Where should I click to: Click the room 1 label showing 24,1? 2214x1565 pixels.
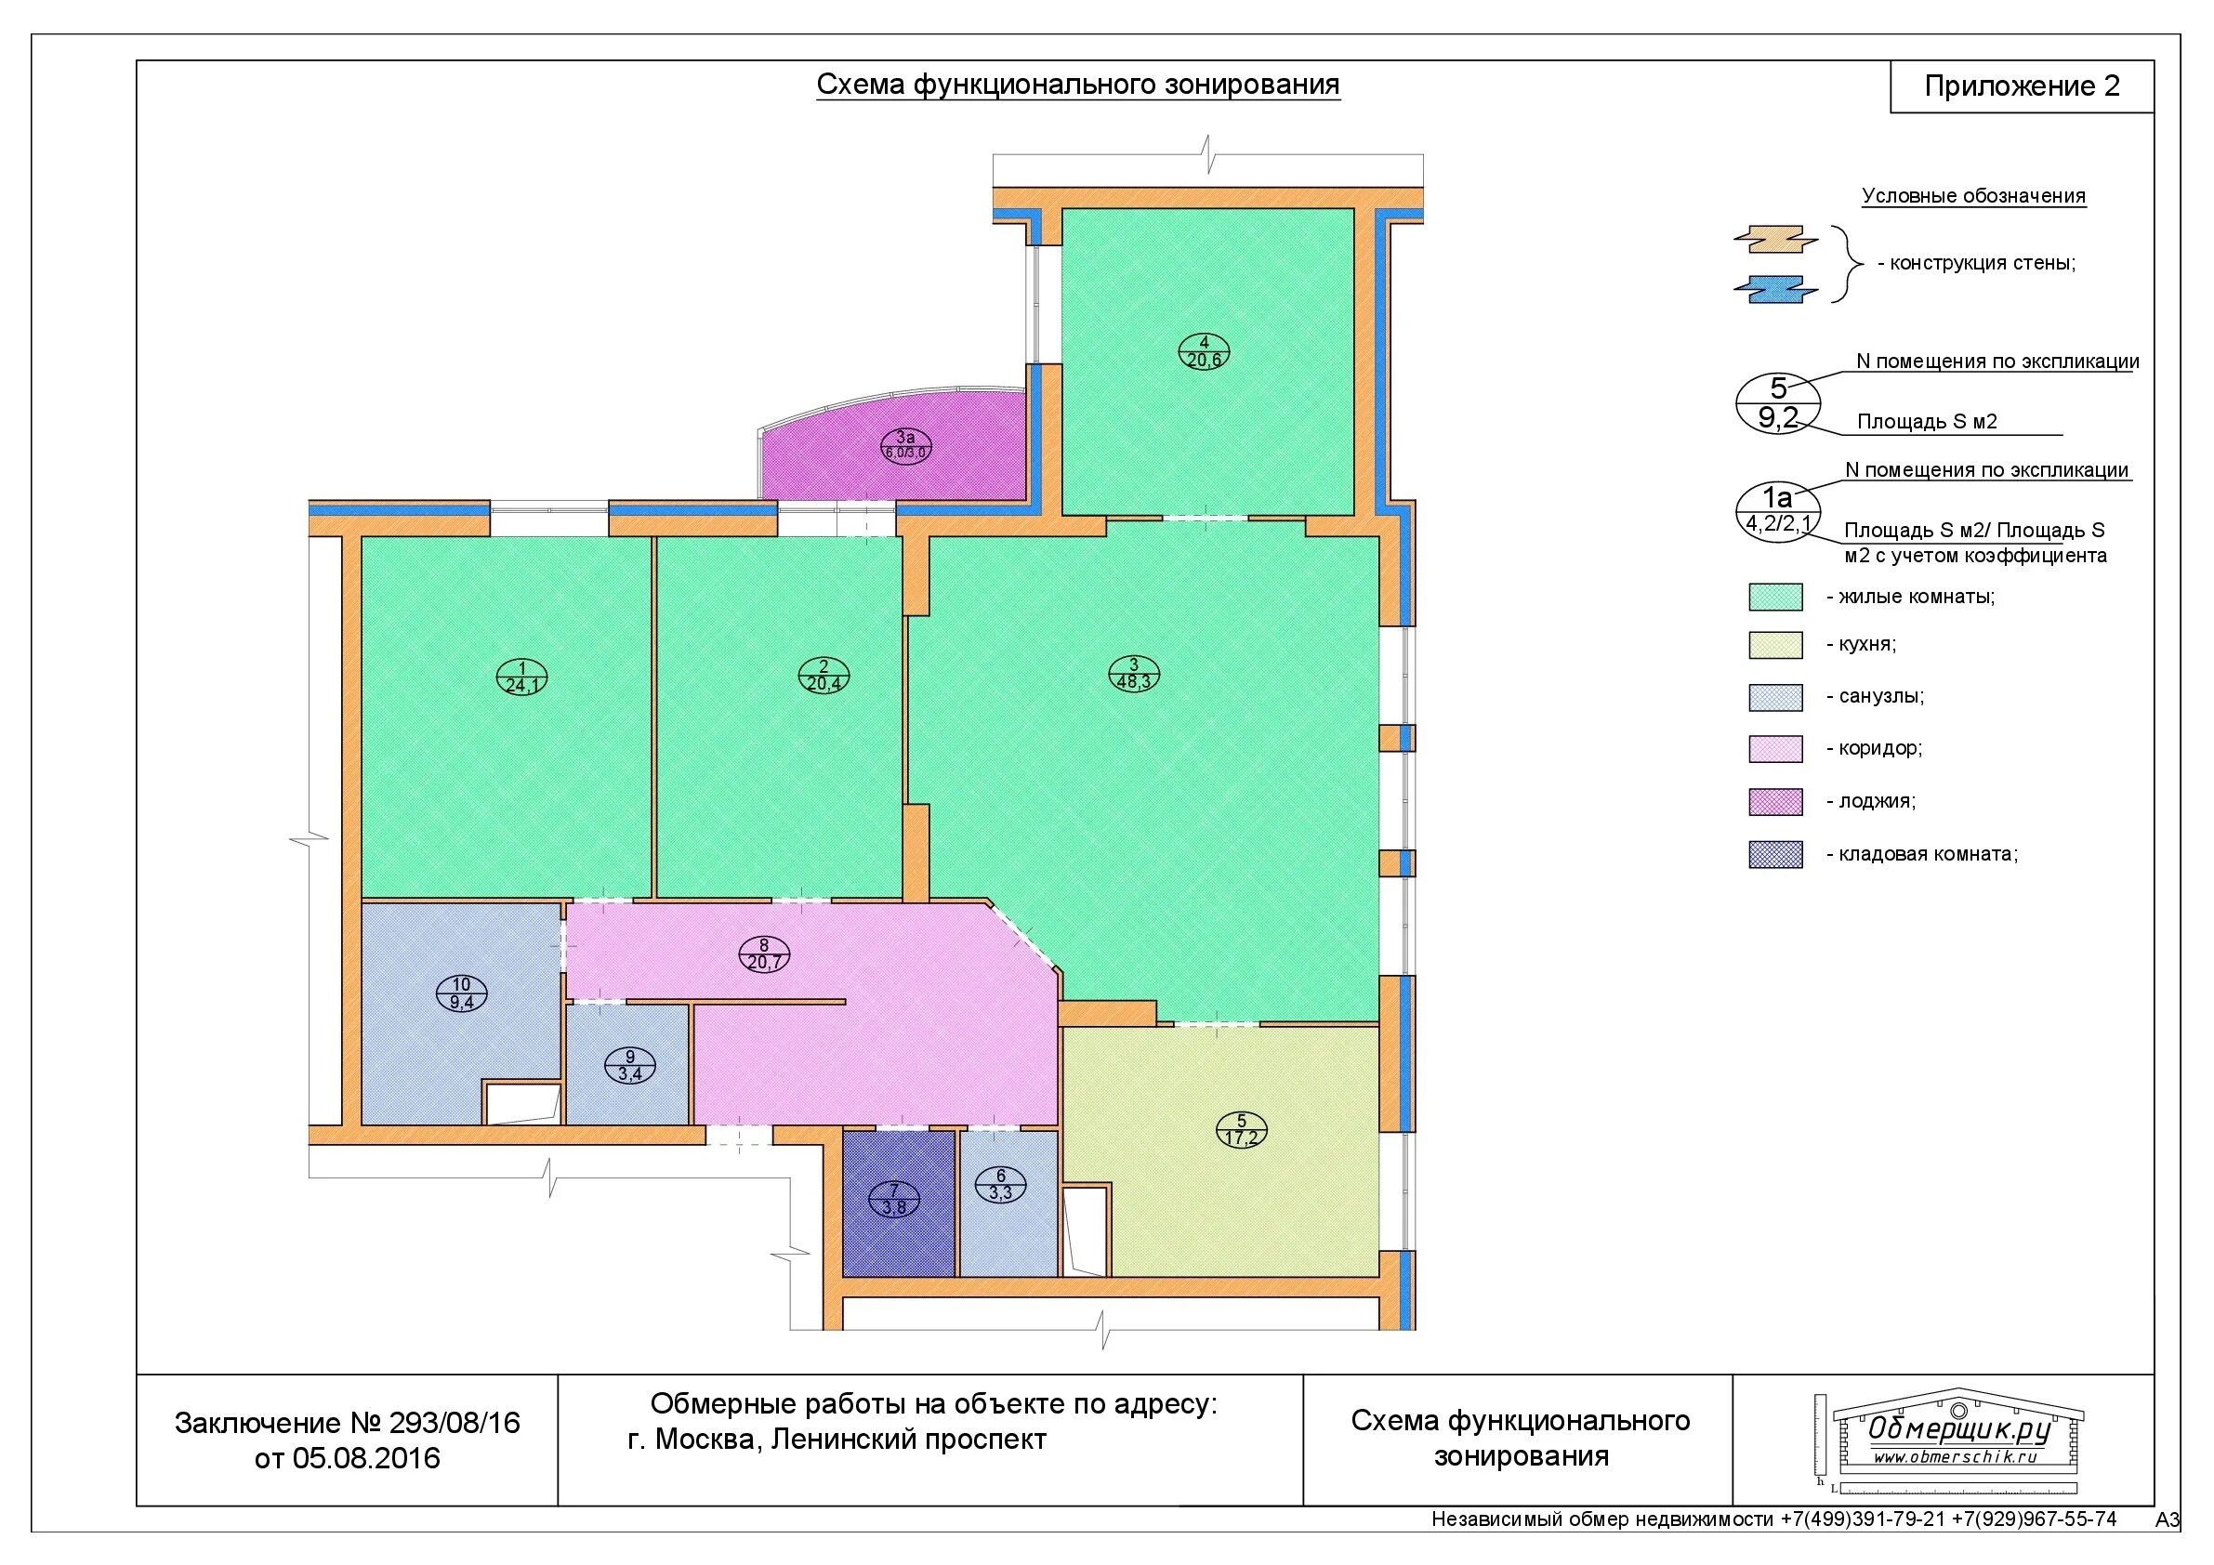(521, 677)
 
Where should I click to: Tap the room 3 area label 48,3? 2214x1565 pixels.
(1134, 674)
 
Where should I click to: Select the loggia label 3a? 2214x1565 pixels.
(905, 445)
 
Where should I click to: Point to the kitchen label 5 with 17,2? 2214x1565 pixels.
(1241, 1130)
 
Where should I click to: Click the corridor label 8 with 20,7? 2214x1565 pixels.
(765, 954)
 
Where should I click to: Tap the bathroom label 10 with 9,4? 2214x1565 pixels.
(462, 993)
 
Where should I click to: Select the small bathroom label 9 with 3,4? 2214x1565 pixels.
(629, 1066)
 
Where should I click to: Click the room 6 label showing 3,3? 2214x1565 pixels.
(1001, 1184)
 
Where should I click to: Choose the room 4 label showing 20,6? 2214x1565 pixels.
(1204, 352)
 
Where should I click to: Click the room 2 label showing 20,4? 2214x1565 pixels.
(824, 675)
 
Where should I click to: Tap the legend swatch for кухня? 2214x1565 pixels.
(1775, 645)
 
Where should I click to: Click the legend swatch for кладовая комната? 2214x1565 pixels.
(1775, 854)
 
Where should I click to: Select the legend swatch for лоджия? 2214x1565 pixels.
(1775, 801)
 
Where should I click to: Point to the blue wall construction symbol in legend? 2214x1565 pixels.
(1775, 289)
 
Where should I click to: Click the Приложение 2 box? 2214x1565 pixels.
(2023, 86)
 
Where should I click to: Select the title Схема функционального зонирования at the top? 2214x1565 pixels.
(1078, 85)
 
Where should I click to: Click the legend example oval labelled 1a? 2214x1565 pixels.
(1777, 509)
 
